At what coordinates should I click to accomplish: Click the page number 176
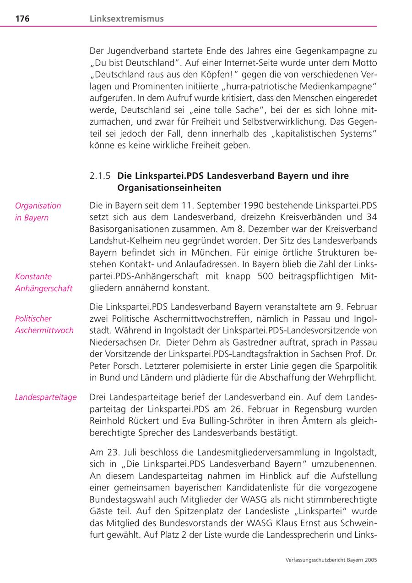click(x=22, y=19)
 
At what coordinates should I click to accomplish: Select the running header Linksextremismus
click(x=126, y=19)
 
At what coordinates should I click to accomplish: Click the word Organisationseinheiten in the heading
click(x=169, y=188)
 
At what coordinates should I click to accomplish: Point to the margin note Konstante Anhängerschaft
click(x=43, y=282)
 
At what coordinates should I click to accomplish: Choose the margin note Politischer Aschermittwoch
click(x=44, y=324)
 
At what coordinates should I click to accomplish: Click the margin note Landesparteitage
click(x=46, y=397)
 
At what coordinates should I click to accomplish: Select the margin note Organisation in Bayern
click(x=38, y=211)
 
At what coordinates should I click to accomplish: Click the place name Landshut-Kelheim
click(x=127, y=241)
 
